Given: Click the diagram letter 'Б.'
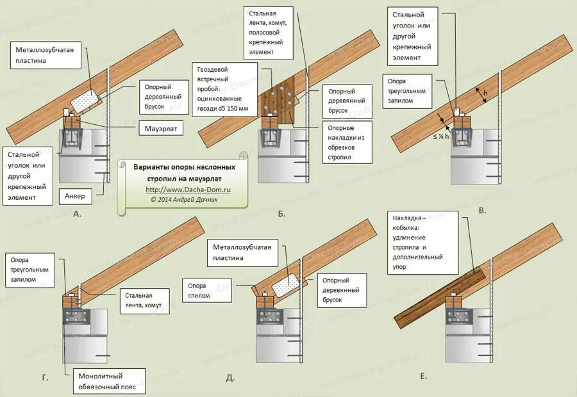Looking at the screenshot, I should tap(281, 214).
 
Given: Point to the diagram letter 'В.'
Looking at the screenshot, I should tap(483, 210).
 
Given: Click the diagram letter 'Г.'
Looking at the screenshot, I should tap(45, 378).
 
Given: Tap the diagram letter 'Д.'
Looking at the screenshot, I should tap(230, 377).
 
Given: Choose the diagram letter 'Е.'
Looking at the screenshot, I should tap(424, 376).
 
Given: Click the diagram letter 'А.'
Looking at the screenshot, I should tap(78, 214).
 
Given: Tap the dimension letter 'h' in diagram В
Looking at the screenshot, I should tap(485, 93).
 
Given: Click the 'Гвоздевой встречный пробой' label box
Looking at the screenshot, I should tap(224, 90).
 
